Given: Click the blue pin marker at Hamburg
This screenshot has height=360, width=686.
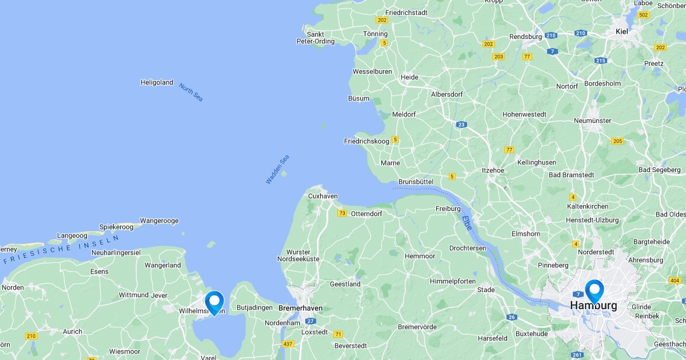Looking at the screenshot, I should pyautogui.click(x=594, y=290).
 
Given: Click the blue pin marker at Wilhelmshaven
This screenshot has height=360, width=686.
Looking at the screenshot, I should pyautogui.click(x=214, y=302).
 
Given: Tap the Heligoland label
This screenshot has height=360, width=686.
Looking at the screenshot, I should pyautogui.click(x=157, y=82).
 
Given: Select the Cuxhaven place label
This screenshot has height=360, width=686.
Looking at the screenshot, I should pyautogui.click(x=322, y=196).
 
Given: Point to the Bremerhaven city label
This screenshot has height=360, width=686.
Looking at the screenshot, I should pyautogui.click(x=300, y=308).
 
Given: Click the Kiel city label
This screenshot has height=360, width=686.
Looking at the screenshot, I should pyautogui.click(x=621, y=31).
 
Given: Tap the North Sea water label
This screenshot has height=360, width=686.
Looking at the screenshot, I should pyautogui.click(x=190, y=93).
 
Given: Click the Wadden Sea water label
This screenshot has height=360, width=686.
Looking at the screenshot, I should pyautogui.click(x=277, y=169).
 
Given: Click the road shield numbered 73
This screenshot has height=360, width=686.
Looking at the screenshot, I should pyautogui.click(x=342, y=213).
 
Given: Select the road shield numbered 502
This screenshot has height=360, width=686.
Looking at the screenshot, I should pyautogui.click(x=644, y=15).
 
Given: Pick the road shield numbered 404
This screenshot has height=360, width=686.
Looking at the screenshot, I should pyautogui.click(x=675, y=281).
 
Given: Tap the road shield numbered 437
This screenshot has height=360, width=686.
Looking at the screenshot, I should pyautogui.click(x=288, y=344).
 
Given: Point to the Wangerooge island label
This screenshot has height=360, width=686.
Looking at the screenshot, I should pyautogui.click(x=159, y=221).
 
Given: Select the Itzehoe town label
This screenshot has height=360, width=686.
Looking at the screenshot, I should pyautogui.click(x=493, y=170).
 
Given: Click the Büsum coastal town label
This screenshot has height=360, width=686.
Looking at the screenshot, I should pyautogui.click(x=358, y=98).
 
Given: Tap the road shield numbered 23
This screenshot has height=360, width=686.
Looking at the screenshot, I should pyautogui.click(x=461, y=125).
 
